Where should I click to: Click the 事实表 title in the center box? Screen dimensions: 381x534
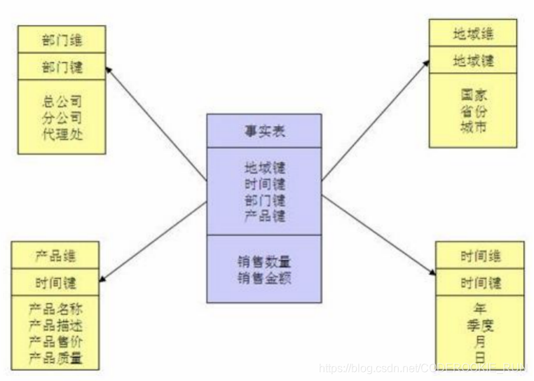click(x=264, y=131)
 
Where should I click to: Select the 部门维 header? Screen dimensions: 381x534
click(x=62, y=39)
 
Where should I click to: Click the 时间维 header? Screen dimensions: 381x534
click(x=480, y=256)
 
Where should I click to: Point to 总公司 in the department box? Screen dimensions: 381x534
click(x=62, y=101)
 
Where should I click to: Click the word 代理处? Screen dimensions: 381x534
click(x=62, y=134)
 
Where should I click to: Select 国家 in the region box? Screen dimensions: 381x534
click(x=474, y=95)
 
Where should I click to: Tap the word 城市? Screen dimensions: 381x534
click(x=474, y=128)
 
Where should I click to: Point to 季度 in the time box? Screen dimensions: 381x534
click(x=480, y=325)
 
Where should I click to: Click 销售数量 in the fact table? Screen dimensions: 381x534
click(x=264, y=262)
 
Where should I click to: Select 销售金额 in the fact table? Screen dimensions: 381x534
click(x=264, y=278)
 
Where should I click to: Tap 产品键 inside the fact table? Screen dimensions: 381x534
click(x=265, y=216)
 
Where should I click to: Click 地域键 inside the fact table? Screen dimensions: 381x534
click(x=265, y=168)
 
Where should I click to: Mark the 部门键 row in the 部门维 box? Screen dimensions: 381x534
click(x=62, y=67)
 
